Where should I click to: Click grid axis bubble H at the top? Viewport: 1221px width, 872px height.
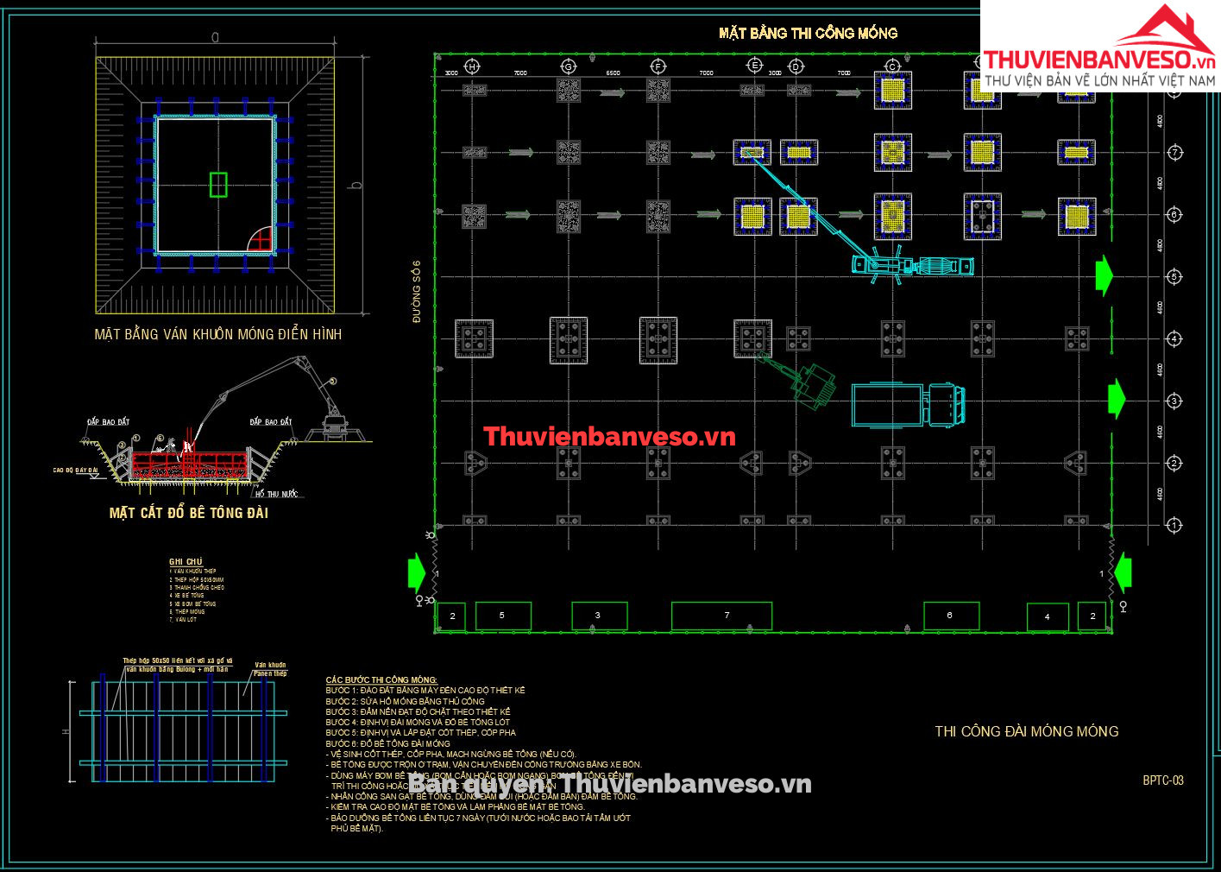coord(472,66)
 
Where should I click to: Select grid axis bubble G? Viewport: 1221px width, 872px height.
coord(568,66)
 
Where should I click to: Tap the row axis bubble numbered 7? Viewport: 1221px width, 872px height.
coord(1174,153)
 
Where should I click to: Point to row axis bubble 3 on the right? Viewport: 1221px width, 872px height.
coord(1174,401)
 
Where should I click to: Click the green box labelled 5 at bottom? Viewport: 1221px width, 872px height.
coord(502,616)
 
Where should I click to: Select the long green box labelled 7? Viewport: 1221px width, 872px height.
coord(721,616)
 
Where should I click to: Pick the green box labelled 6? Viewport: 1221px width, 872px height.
coord(951,616)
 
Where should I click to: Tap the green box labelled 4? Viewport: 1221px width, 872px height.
coord(1048,616)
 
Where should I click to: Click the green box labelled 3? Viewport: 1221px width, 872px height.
coord(599,616)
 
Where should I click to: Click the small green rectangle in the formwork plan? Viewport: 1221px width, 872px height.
coord(218,185)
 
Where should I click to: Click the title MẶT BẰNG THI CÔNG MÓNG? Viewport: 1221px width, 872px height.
coord(808,33)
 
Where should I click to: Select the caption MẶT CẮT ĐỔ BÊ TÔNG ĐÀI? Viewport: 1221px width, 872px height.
coord(188,513)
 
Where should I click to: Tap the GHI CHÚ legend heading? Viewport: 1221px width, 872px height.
coord(186,562)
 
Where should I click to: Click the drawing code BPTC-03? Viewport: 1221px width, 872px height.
coord(1163,780)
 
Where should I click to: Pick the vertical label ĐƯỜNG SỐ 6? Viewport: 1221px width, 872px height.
coord(417,292)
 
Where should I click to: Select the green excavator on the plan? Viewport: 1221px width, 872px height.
coord(808,382)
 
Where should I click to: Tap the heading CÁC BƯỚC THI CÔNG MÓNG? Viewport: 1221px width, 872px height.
coord(381,680)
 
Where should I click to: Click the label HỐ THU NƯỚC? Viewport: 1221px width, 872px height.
coord(276,494)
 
